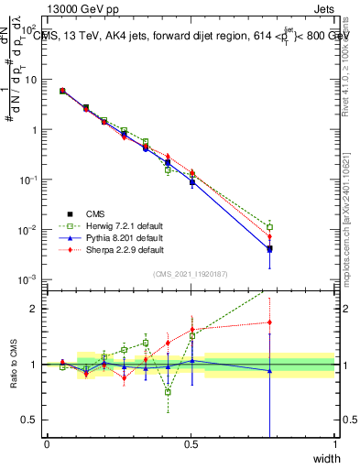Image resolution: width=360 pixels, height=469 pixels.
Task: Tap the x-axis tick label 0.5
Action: click(x=191, y=444)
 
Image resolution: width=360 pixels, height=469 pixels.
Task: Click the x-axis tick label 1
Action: click(x=335, y=444)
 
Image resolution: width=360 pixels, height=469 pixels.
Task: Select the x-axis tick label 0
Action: click(x=47, y=444)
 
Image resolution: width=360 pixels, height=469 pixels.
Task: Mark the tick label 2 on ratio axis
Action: click(x=32, y=309)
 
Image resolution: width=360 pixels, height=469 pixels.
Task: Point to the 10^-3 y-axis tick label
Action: click(x=27, y=278)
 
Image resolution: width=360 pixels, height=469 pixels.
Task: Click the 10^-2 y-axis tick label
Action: click(x=27, y=229)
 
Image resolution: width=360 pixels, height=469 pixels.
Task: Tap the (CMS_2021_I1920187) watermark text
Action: click(x=190, y=273)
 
